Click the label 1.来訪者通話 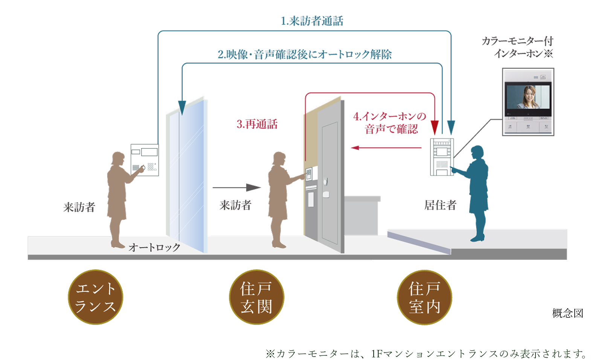tap(312, 21)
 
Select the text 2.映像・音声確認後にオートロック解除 tap(304, 55)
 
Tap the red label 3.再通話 tap(257, 124)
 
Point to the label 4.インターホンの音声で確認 tap(390, 123)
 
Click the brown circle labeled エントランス tap(95, 297)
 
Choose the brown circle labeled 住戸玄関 tap(256, 297)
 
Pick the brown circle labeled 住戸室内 tap(424, 297)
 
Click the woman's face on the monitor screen tap(529, 96)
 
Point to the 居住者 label tap(440, 205)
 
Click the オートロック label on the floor tap(154, 247)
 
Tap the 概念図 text tap(568, 313)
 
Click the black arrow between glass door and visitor tap(236, 188)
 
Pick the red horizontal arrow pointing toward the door tap(386, 148)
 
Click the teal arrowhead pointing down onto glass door tap(182, 107)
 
